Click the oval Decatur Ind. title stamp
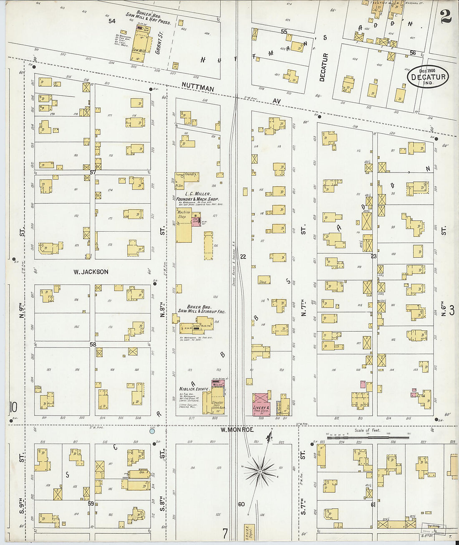coord(427,76)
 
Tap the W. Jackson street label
coord(91,272)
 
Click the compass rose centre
coord(260,471)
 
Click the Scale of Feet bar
coord(367,437)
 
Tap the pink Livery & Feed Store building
coord(261,404)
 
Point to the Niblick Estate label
coord(194,389)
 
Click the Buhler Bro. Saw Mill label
coord(149,18)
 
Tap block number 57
coord(93,172)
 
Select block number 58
coord(93,345)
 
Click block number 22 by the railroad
coord(243,257)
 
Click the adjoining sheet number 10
coord(13,406)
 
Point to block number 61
coord(373,504)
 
